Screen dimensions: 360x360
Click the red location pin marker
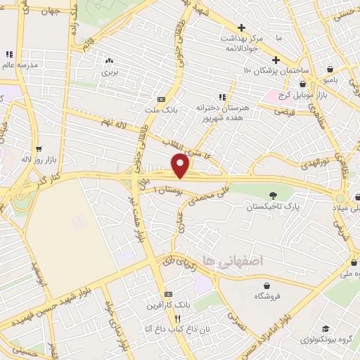(x=181, y=166)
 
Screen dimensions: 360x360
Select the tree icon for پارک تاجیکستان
(x=274, y=195)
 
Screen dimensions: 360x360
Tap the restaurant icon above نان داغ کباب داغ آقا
(x=167, y=317)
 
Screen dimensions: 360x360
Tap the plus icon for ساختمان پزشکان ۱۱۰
(x=276, y=60)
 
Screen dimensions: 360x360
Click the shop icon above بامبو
(x=330, y=70)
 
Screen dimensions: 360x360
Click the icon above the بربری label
(x=108, y=60)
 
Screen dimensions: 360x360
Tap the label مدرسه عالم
(x=18, y=65)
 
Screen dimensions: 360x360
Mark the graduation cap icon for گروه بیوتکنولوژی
(x=326, y=328)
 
